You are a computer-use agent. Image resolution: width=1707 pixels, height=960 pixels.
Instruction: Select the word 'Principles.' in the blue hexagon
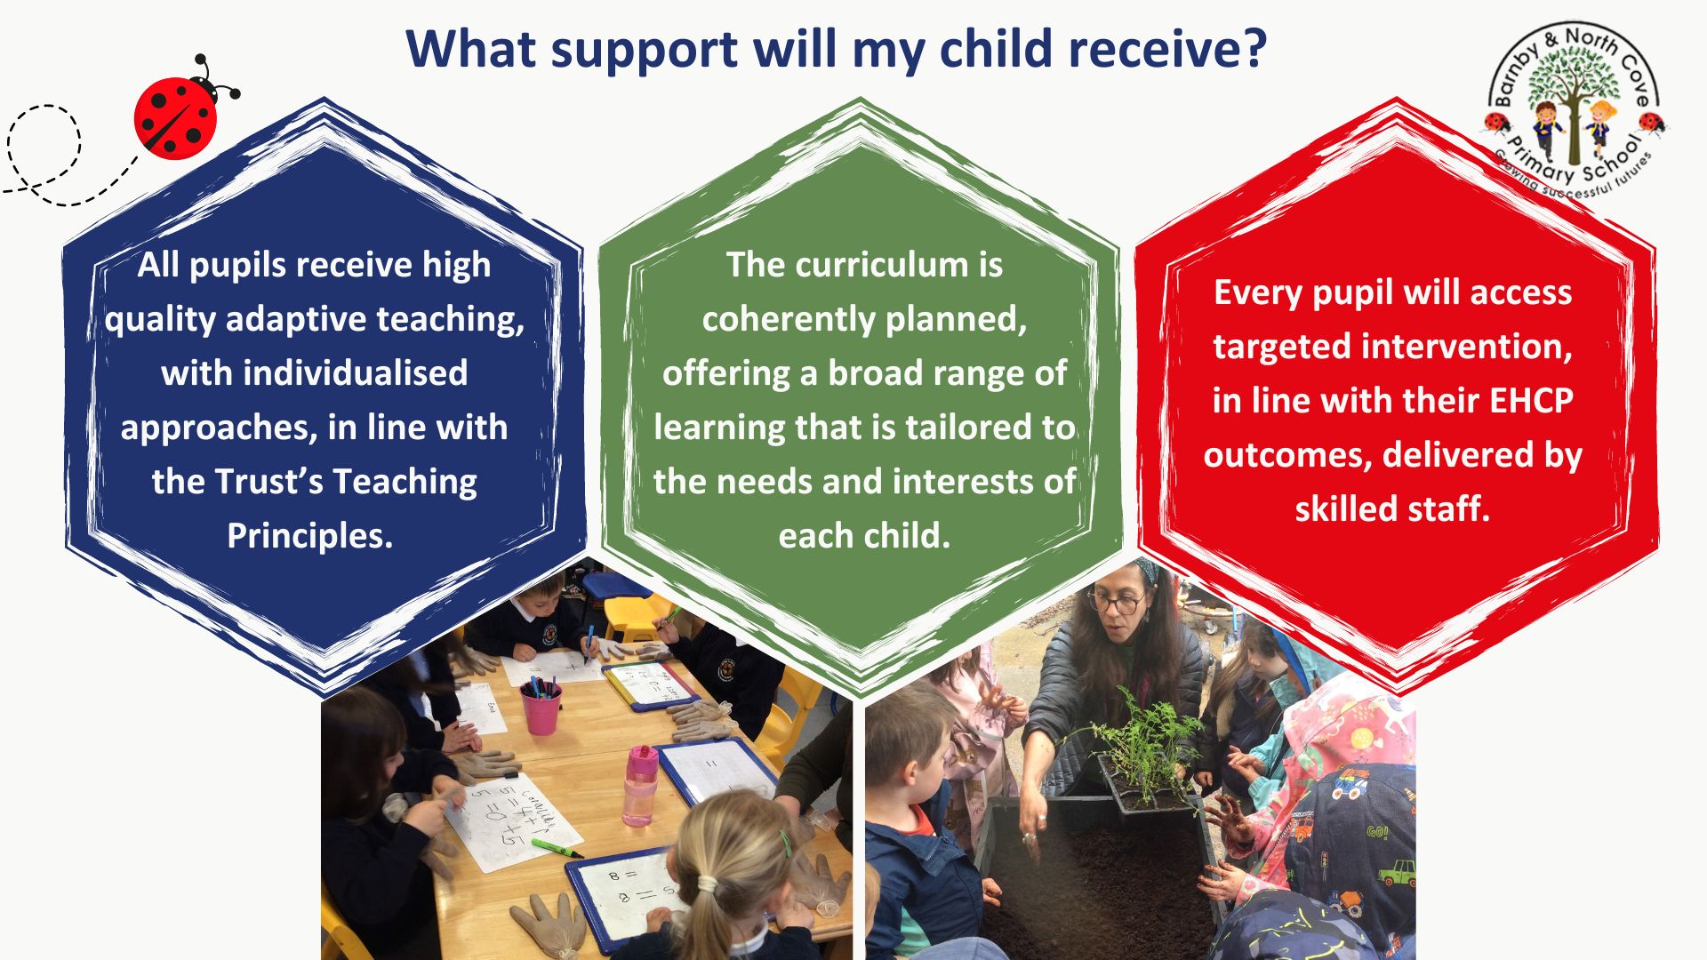(309, 536)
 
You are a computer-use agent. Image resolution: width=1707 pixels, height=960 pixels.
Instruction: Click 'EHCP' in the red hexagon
(1531, 401)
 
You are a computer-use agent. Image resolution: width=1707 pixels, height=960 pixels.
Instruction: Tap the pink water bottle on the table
(639, 787)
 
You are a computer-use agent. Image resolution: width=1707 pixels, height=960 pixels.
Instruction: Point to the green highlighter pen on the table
(557, 849)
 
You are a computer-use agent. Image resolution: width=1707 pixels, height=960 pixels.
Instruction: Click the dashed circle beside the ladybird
(44, 147)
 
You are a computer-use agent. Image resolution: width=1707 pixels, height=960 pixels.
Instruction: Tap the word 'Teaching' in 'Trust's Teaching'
(405, 483)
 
